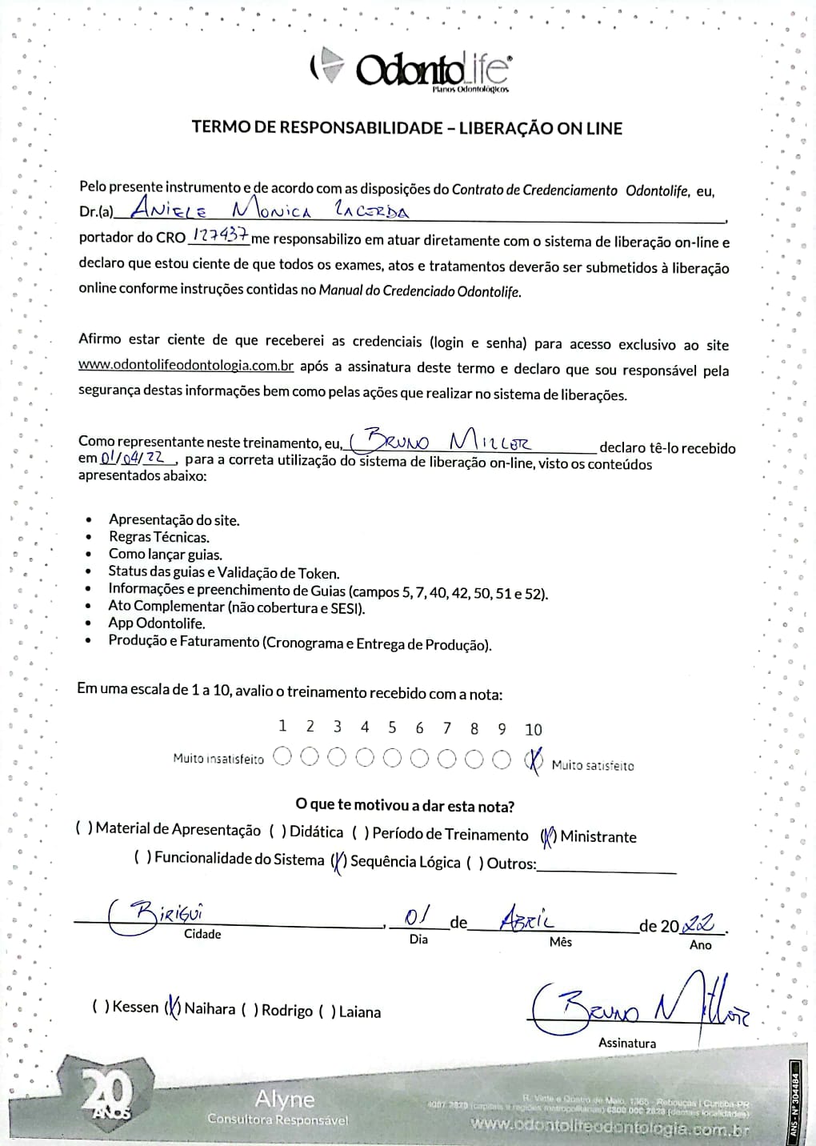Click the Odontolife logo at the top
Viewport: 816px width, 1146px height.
click(410, 71)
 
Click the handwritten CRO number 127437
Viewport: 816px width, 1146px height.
click(218, 236)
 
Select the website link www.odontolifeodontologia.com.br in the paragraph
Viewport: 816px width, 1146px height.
click(186, 367)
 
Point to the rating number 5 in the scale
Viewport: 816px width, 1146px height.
click(392, 727)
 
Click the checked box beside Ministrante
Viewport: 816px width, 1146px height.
click(549, 837)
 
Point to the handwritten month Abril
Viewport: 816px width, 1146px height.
click(526, 920)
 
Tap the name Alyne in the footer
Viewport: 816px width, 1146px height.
click(285, 1099)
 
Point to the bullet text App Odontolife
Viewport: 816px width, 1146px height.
click(157, 623)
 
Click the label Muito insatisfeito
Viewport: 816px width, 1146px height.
click(218, 759)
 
